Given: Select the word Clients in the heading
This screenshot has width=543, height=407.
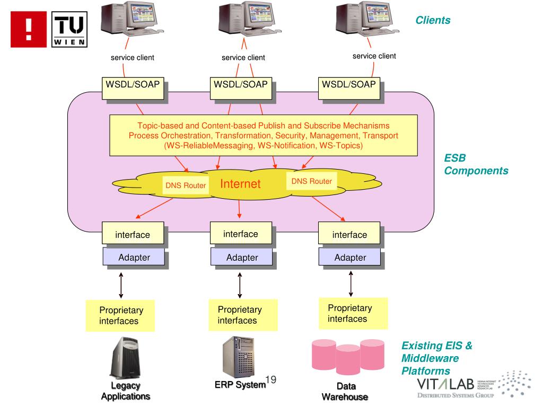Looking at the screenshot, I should tap(433, 20).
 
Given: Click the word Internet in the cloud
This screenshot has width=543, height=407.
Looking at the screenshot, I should tap(240, 184).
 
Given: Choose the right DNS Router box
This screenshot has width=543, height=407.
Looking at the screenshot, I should tap(312, 181).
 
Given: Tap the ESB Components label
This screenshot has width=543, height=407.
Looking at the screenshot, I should tap(476, 165).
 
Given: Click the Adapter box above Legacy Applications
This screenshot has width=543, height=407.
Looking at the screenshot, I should tap(133, 258).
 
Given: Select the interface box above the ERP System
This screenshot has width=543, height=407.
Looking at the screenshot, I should tap(241, 234).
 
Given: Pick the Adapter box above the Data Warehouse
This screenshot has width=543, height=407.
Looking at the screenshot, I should tap(350, 258).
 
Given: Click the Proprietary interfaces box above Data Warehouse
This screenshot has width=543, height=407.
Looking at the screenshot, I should tap(349, 313).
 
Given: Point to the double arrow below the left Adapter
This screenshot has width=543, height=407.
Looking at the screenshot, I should tap(121, 285).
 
